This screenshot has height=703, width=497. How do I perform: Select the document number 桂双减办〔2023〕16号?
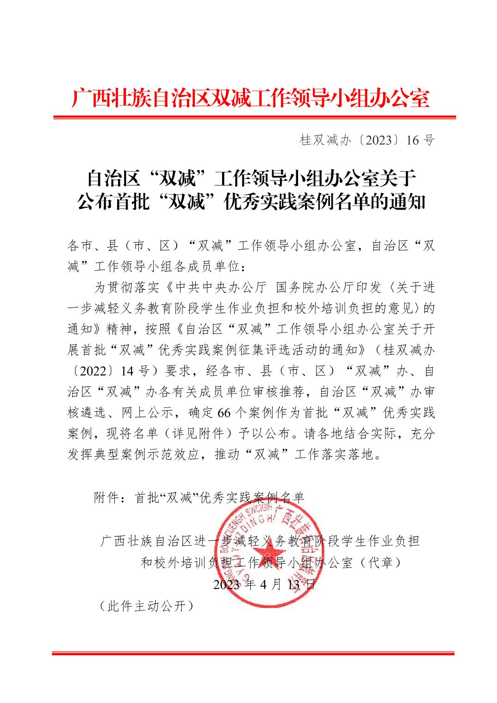(367, 140)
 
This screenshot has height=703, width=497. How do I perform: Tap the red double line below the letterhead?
(254, 117)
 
